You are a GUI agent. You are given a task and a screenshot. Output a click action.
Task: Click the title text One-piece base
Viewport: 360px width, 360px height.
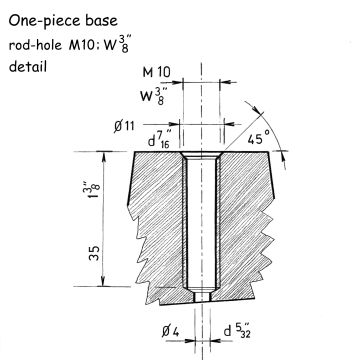pyautogui.click(x=63, y=21)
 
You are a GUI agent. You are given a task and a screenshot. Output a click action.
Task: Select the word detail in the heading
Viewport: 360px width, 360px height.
pyautogui.click(x=28, y=66)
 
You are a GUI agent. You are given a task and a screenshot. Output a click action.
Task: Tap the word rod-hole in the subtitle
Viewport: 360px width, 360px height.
pyautogui.click(x=35, y=45)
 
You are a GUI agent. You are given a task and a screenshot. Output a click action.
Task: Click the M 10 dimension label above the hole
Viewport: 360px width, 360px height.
pyautogui.click(x=156, y=72)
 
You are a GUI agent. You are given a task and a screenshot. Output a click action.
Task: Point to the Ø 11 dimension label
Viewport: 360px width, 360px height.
pyautogui.click(x=124, y=126)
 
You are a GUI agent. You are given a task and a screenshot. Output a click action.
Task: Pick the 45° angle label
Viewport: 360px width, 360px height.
pyautogui.click(x=259, y=139)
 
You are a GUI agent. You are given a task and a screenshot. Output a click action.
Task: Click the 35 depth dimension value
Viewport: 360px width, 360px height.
pyautogui.click(x=94, y=253)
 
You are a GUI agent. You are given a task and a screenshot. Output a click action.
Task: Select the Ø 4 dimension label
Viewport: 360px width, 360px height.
pyautogui.click(x=171, y=332)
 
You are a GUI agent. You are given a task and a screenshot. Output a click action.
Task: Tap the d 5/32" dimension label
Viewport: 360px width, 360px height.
pyautogui.click(x=237, y=330)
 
